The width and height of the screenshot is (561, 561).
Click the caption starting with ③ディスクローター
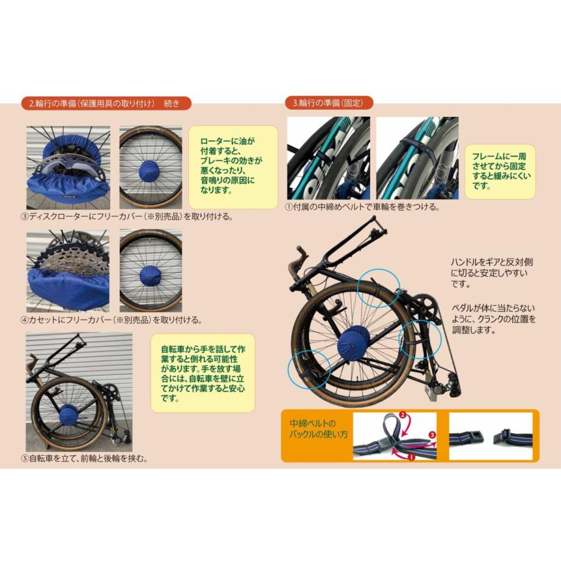pos(127,217)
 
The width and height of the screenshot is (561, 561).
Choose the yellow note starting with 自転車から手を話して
pos(203,373)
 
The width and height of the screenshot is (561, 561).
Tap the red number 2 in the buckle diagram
pos(403,415)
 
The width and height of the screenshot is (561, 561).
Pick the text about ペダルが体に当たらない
pos(492,319)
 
